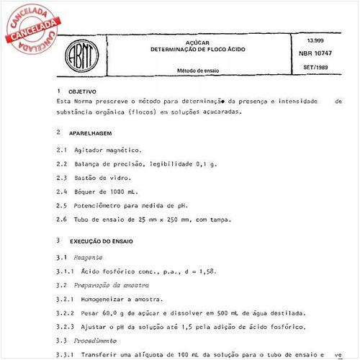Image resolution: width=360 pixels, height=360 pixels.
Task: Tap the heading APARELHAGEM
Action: (91, 133)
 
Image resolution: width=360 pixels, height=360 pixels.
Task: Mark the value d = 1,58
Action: (195, 271)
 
